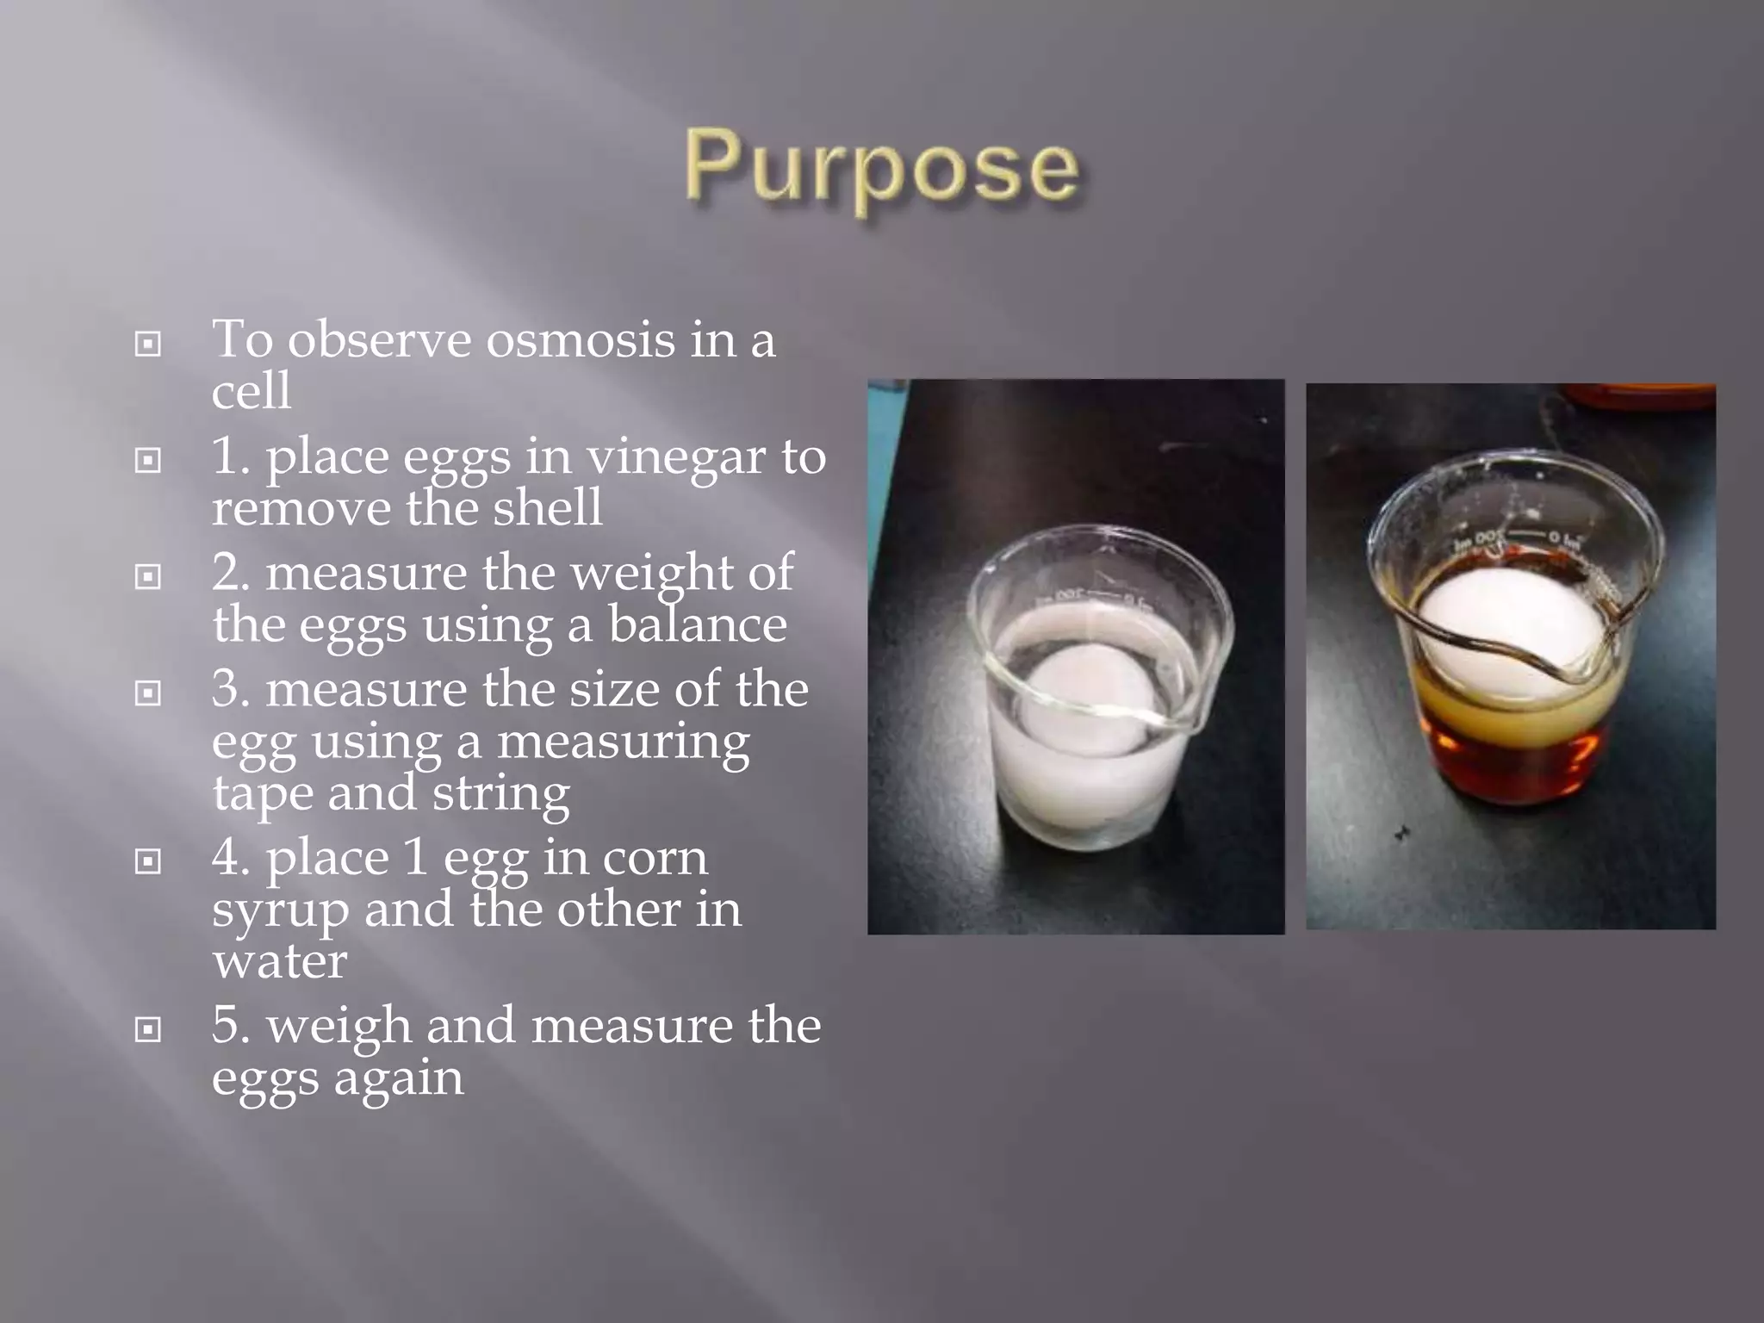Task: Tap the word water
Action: coord(280,961)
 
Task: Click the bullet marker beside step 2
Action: coord(148,576)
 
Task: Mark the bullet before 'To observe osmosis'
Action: coord(148,345)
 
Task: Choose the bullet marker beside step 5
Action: coord(148,1028)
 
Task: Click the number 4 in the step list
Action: coord(227,859)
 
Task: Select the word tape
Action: coord(262,792)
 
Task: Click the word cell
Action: coord(251,392)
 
